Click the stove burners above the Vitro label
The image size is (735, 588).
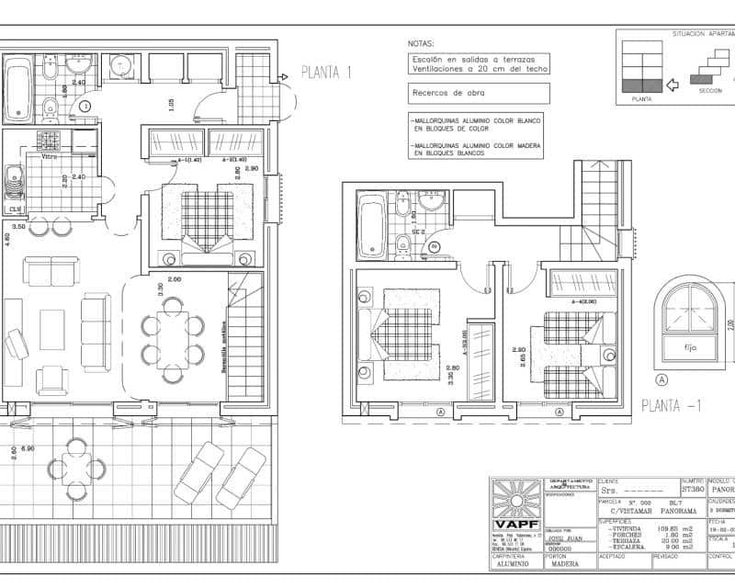click(48, 141)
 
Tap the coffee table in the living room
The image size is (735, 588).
click(51, 329)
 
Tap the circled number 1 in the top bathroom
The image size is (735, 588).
click(85, 107)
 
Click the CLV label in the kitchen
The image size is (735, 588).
click(16, 209)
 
